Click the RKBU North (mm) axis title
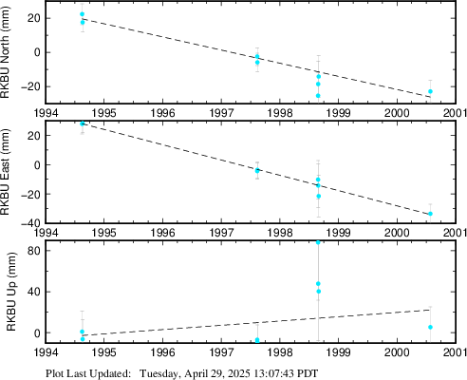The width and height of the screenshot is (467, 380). (6, 52)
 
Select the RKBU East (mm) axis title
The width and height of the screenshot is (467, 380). (6, 172)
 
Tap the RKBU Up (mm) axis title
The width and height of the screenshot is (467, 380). (11, 292)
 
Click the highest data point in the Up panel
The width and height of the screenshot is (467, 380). (318, 242)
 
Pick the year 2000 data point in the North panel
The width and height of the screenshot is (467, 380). (430, 91)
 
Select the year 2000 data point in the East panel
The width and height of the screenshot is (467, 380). (430, 214)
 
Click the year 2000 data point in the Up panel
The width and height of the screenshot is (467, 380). (430, 327)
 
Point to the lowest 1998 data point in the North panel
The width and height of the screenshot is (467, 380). (318, 96)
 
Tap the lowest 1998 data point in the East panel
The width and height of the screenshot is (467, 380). (319, 197)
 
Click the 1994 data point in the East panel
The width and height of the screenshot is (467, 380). (83, 123)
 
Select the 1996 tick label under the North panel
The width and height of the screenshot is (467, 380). (162, 113)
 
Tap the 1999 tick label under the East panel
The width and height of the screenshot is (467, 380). (338, 233)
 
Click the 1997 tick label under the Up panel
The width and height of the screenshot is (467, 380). (221, 352)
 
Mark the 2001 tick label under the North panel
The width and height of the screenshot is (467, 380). (455, 113)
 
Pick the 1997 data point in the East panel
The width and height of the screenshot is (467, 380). (257, 171)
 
